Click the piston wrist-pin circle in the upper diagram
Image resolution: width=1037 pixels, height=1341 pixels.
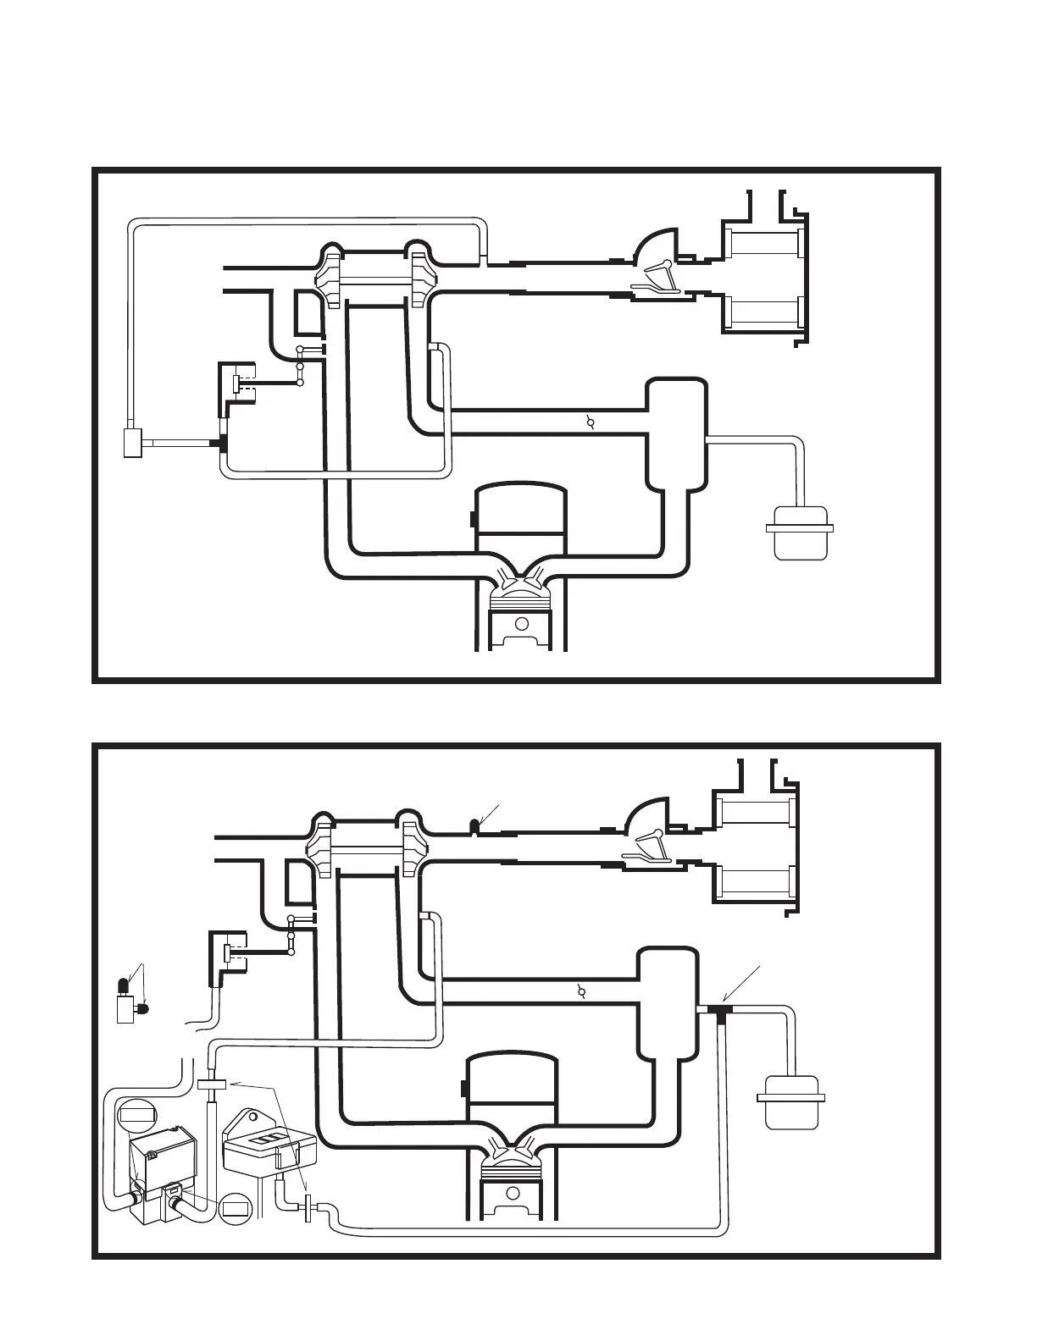(x=522, y=624)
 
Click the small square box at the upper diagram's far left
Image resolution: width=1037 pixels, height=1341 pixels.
(x=132, y=443)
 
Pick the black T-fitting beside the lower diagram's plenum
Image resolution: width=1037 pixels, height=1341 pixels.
(x=721, y=1011)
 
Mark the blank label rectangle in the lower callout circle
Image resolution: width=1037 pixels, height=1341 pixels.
(x=236, y=1209)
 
